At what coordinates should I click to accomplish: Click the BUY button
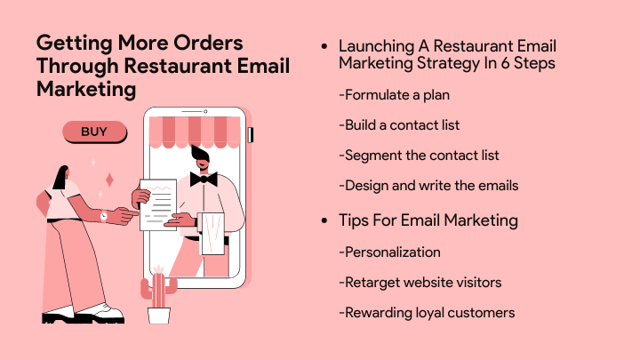[x=95, y=132]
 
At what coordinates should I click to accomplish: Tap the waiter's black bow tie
[x=204, y=179]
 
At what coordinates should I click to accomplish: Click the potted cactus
[x=159, y=295]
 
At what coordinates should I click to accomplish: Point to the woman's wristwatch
[x=104, y=216]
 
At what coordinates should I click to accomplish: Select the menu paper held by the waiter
[x=158, y=205]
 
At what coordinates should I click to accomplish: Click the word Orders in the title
[x=208, y=43]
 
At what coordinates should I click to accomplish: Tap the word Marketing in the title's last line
[x=86, y=89]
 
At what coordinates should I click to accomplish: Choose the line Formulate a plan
[x=395, y=95]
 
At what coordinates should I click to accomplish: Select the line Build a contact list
[x=399, y=125]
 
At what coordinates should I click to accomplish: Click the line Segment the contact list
[x=419, y=155]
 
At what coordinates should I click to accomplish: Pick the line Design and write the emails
[x=428, y=186]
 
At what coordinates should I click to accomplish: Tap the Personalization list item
[x=390, y=252]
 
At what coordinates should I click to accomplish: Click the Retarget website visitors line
[x=420, y=283]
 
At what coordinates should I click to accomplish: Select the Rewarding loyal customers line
[x=427, y=313]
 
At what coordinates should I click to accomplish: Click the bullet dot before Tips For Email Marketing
[x=324, y=220]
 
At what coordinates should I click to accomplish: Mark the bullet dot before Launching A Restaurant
[x=324, y=46]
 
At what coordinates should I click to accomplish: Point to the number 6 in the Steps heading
[x=505, y=63]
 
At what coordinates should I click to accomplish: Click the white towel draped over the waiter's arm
[x=211, y=234]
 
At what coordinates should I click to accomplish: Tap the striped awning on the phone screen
[x=195, y=132]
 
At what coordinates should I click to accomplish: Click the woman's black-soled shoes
[x=84, y=314]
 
